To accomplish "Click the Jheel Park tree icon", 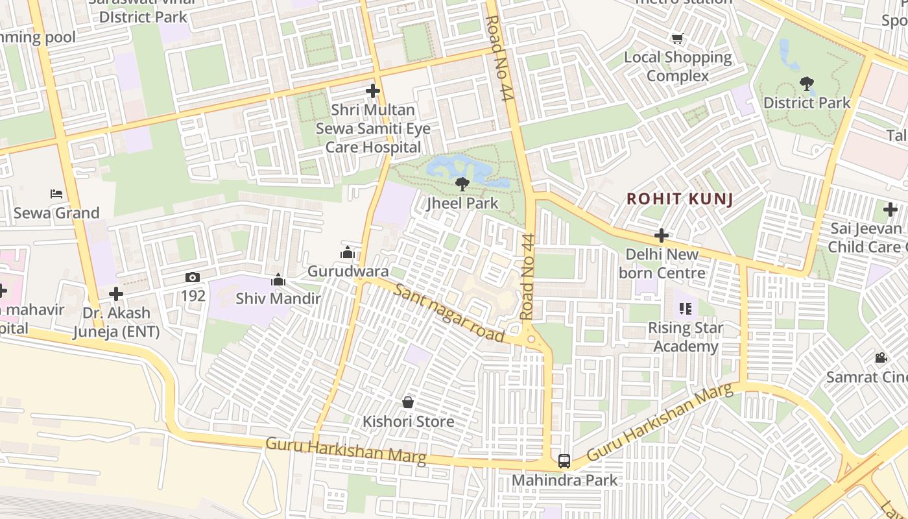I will (462, 184).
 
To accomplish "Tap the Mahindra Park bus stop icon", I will (564, 461).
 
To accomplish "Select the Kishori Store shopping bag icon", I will (408, 402).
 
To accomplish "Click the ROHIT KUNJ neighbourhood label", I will (680, 199).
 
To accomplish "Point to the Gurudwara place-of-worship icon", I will (348, 252).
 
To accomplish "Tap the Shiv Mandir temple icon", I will (278, 280).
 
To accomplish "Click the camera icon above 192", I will (193, 277).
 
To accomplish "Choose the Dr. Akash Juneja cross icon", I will (116, 294).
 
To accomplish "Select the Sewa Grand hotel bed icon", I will (56, 194).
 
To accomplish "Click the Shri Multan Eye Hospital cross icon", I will (373, 91).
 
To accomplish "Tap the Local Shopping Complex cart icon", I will (678, 39).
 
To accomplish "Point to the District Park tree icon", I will (807, 84).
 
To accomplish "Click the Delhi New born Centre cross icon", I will (662, 235).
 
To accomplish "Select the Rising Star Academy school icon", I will (686, 309).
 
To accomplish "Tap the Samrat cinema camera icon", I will (881, 357).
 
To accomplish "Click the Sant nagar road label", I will (449, 313).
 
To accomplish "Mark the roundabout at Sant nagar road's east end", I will (531, 339).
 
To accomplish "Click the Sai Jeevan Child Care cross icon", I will (890, 210).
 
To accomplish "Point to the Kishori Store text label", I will (408, 422).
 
